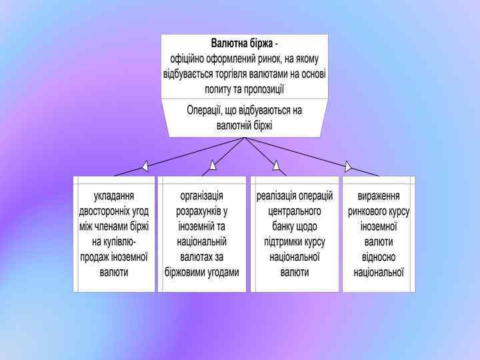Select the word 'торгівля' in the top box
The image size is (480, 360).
(250, 74)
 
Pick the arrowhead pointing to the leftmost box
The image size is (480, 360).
(145, 165)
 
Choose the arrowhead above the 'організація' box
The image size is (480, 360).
(213, 165)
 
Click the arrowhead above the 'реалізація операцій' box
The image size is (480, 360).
(276, 165)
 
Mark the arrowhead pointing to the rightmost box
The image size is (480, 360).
(347, 165)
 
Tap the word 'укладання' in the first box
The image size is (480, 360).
(114, 196)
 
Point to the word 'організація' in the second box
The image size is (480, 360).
(202, 196)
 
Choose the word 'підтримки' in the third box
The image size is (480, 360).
(277, 242)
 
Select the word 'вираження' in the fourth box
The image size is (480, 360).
(379, 196)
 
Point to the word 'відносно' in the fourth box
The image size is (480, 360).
(379, 257)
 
